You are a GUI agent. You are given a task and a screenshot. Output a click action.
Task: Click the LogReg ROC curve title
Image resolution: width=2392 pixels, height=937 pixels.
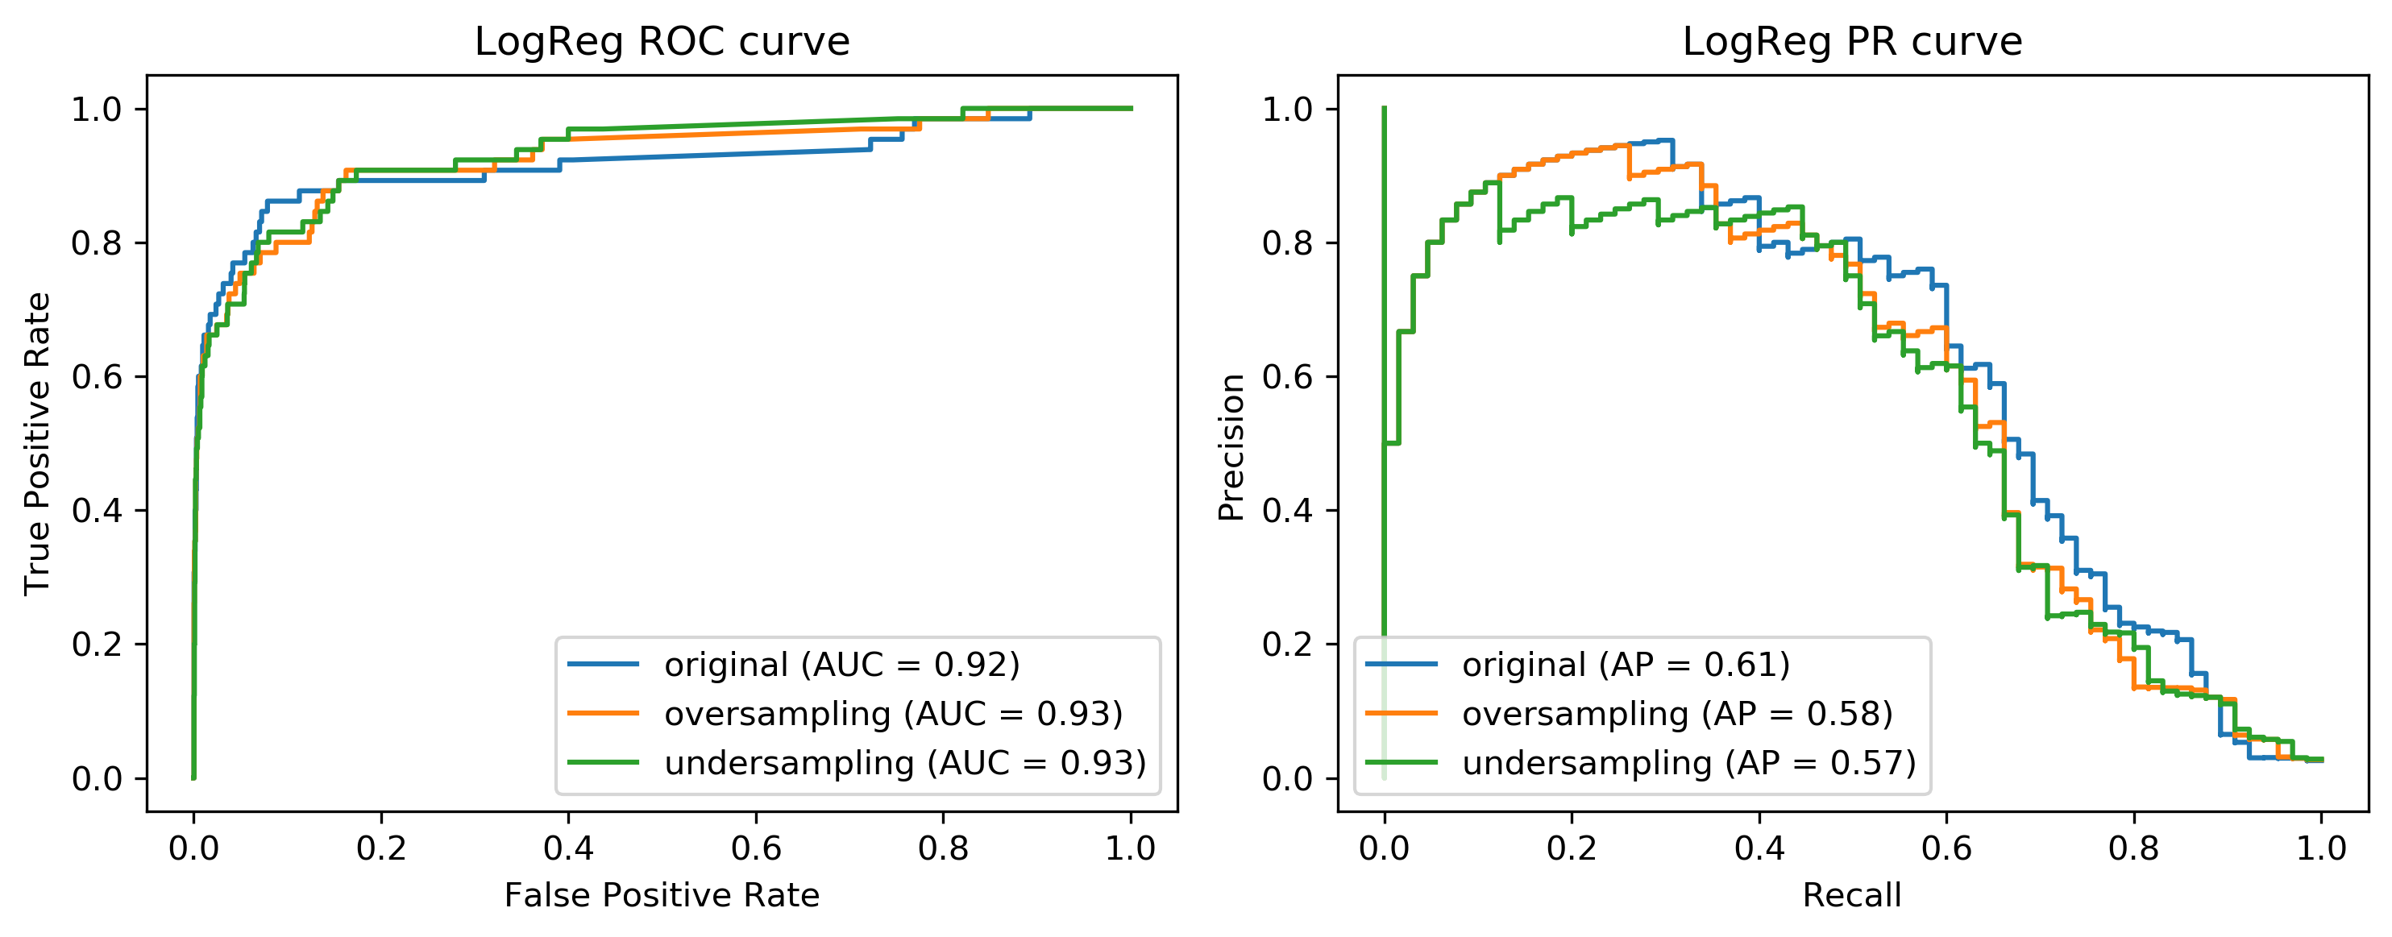662,42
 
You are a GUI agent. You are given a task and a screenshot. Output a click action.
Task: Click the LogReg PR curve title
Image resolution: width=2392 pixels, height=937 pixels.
1853,42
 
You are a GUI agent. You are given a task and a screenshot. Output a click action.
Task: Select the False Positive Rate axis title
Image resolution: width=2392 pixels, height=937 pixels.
662,895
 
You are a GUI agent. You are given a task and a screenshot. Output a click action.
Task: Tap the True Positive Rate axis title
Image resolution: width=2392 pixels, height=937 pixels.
37,443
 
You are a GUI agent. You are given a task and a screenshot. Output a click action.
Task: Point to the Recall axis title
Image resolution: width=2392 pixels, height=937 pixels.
1853,895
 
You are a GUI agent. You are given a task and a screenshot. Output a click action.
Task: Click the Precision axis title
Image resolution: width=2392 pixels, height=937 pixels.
1231,446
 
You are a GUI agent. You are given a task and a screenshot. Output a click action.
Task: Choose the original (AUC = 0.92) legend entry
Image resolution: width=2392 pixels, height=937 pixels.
841,665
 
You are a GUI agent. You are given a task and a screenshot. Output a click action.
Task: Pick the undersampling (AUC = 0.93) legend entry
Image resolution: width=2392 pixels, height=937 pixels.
905,762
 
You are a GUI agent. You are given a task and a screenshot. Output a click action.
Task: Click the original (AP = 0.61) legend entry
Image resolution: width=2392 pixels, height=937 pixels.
1625,665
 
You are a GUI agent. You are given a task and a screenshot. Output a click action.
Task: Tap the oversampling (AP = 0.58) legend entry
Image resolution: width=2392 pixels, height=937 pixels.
1677,713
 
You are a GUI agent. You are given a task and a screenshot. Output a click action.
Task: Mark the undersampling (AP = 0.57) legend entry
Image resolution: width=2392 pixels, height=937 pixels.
1689,762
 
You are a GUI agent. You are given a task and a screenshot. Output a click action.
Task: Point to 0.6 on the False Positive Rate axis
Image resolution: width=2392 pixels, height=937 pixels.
756,848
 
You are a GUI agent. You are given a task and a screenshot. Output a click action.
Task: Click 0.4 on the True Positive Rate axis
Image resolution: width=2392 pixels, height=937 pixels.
97,511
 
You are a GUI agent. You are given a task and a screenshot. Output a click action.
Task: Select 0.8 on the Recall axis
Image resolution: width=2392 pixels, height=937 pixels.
2134,848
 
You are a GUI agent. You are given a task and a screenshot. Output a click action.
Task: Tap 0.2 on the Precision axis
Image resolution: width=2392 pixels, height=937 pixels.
1287,645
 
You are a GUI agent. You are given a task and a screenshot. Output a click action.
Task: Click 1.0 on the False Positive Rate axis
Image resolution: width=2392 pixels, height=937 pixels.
1130,848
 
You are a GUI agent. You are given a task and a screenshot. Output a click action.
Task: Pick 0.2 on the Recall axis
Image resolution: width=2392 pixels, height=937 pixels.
1572,848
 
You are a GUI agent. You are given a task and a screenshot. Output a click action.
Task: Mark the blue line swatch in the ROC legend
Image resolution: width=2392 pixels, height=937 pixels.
604,665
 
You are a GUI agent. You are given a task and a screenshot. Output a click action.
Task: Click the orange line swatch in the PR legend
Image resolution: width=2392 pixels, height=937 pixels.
1402,713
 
